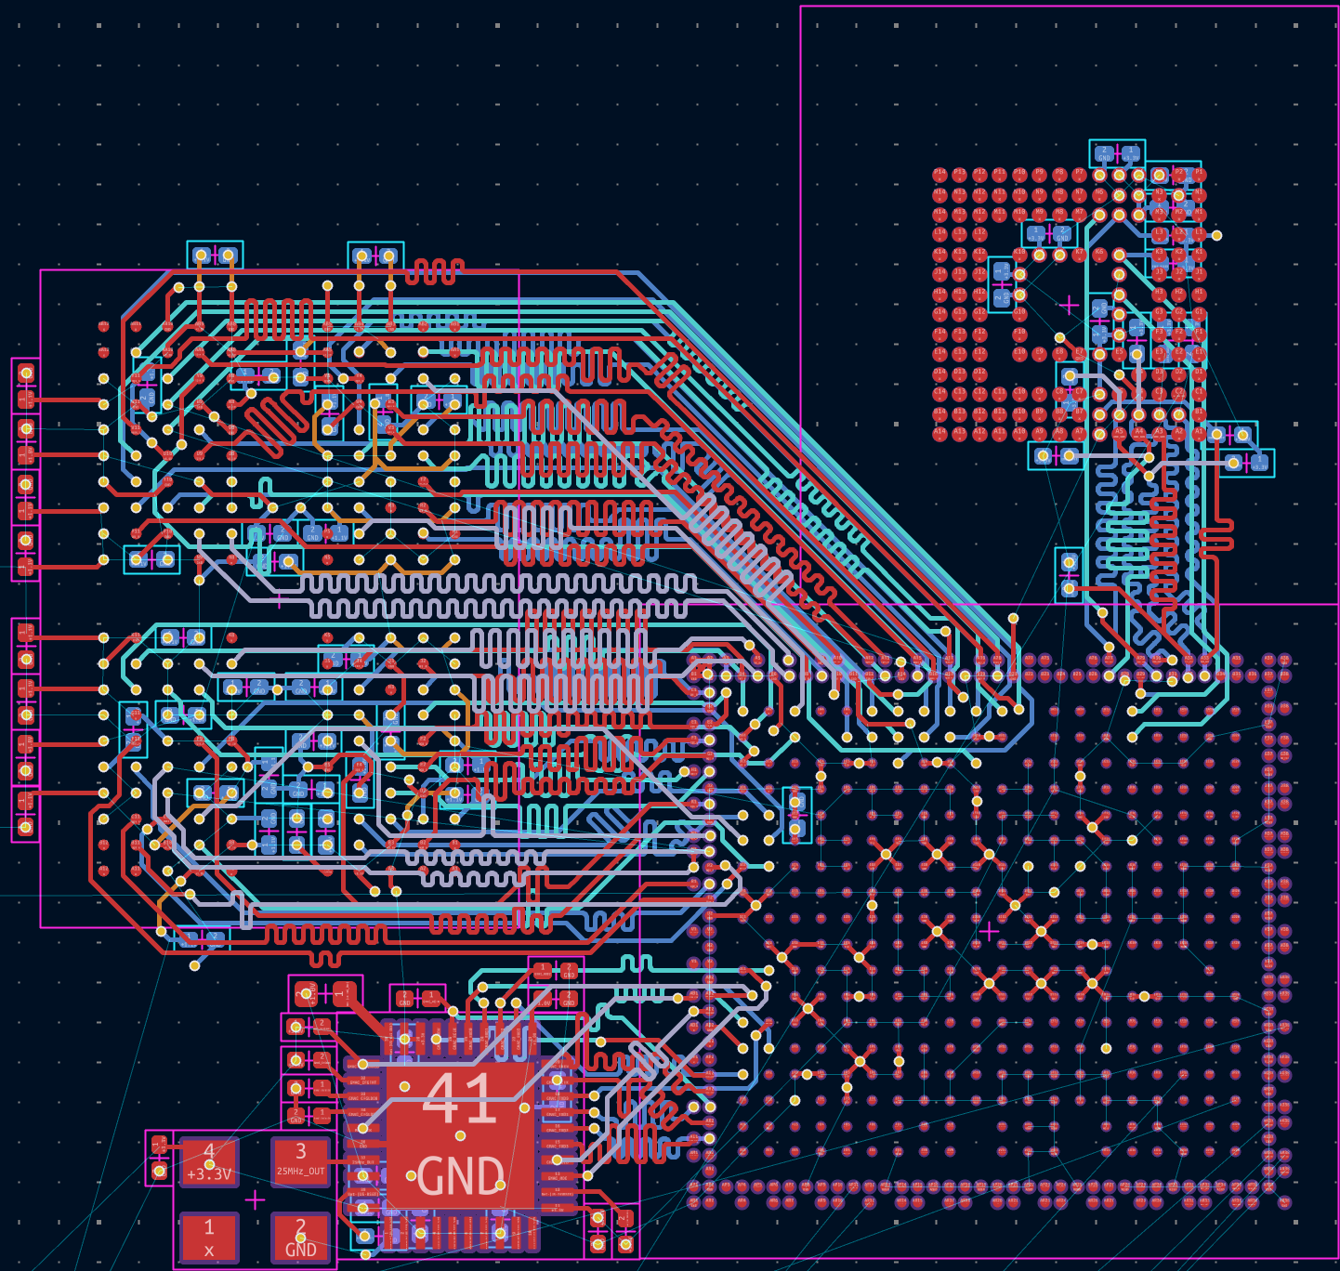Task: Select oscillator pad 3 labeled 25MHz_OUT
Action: (x=300, y=1161)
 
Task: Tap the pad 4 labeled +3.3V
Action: (x=208, y=1161)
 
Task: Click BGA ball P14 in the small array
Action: (x=939, y=174)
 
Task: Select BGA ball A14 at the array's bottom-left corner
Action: (x=939, y=433)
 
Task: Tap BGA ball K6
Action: (x=1099, y=254)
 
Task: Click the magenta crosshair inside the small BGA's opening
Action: (x=1069, y=304)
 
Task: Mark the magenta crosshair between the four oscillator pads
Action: (x=254, y=1199)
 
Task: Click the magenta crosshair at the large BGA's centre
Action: (x=990, y=930)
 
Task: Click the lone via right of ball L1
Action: (x=1216, y=235)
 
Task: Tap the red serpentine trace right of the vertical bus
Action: (x=1215, y=537)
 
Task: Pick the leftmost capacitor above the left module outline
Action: (x=216, y=255)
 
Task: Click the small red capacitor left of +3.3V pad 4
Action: (x=159, y=1157)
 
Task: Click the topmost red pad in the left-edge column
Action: (x=26, y=373)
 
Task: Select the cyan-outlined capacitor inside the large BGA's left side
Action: (x=796, y=814)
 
